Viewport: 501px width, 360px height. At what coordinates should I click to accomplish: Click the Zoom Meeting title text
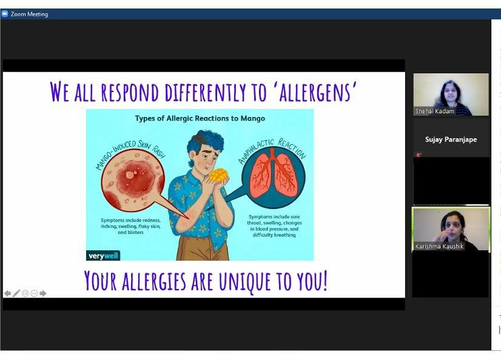[29, 14]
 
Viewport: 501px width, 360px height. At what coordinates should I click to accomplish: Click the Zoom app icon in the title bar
[4, 14]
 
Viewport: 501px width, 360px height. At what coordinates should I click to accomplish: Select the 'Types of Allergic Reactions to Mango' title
[200, 118]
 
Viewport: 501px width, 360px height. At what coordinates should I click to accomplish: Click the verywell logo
[103, 255]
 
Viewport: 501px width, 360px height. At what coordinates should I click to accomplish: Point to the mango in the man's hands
[218, 175]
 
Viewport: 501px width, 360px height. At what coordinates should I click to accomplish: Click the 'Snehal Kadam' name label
[434, 111]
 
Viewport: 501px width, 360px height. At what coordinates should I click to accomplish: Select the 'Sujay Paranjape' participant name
[451, 139]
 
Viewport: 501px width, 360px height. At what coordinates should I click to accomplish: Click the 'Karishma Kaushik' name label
[439, 246]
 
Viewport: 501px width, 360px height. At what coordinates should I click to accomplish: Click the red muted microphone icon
[419, 155]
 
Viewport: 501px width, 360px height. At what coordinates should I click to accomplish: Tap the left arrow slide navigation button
[7, 293]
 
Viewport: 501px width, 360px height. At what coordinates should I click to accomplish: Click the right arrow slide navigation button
[43, 293]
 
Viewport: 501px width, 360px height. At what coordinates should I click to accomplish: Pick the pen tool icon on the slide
[16, 293]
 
